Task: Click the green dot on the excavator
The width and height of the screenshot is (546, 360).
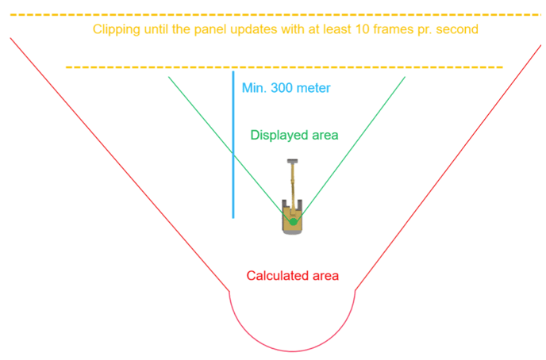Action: (293, 221)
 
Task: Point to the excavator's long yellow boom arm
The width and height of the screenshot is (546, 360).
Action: (293, 186)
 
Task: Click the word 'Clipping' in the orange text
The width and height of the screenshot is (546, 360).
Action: (115, 29)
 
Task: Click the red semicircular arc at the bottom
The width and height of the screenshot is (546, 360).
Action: (292, 350)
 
